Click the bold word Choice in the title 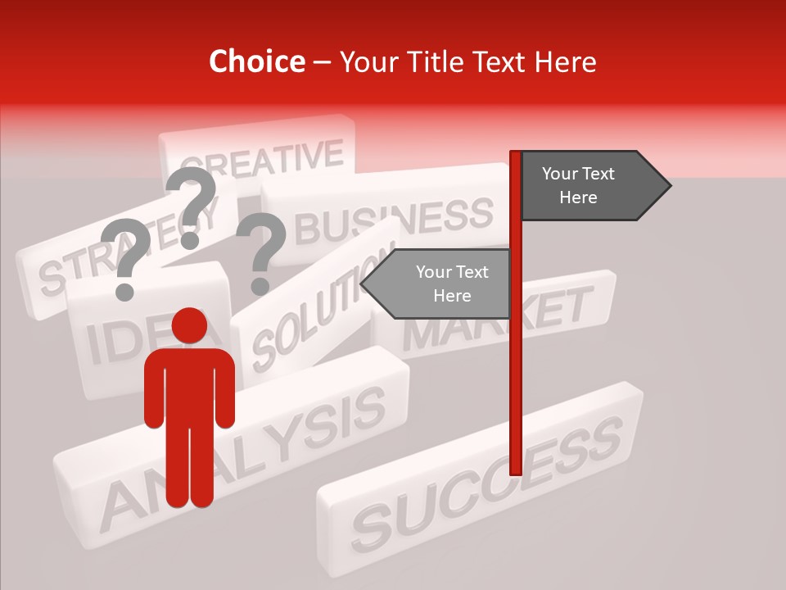pyautogui.click(x=256, y=62)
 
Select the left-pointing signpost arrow pyautogui.click(x=439, y=284)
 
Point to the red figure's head pyautogui.click(x=189, y=326)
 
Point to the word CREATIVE pyautogui.click(x=262, y=159)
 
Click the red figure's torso pyautogui.click(x=189, y=385)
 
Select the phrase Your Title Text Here pyautogui.click(x=468, y=62)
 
